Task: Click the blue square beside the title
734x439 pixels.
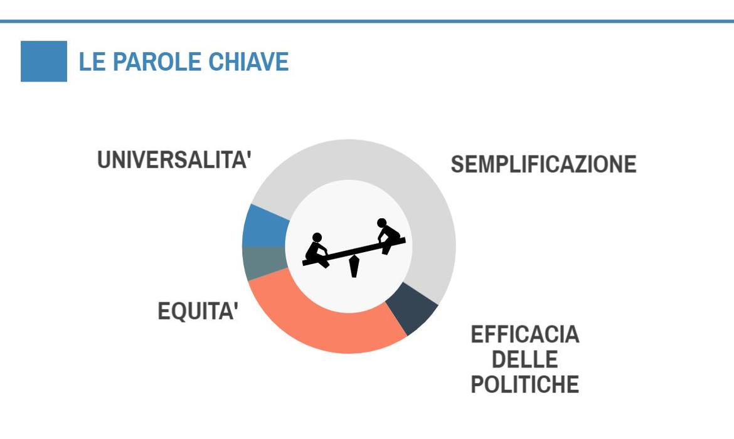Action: click(44, 61)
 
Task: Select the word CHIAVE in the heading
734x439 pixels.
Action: click(248, 62)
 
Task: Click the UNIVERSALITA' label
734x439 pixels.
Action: click(174, 159)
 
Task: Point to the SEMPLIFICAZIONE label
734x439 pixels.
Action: click(543, 164)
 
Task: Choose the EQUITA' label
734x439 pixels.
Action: click(198, 311)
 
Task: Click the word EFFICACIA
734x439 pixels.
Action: click(524, 335)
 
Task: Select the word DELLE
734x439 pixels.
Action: click(524, 359)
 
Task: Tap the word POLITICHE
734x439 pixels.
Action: click(524, 384)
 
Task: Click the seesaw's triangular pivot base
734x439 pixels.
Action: click(354, 267)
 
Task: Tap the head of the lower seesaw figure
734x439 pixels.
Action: click(317, 237)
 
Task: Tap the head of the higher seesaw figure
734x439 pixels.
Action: click(382, 223)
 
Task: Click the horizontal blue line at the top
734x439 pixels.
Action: click(367, 21)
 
